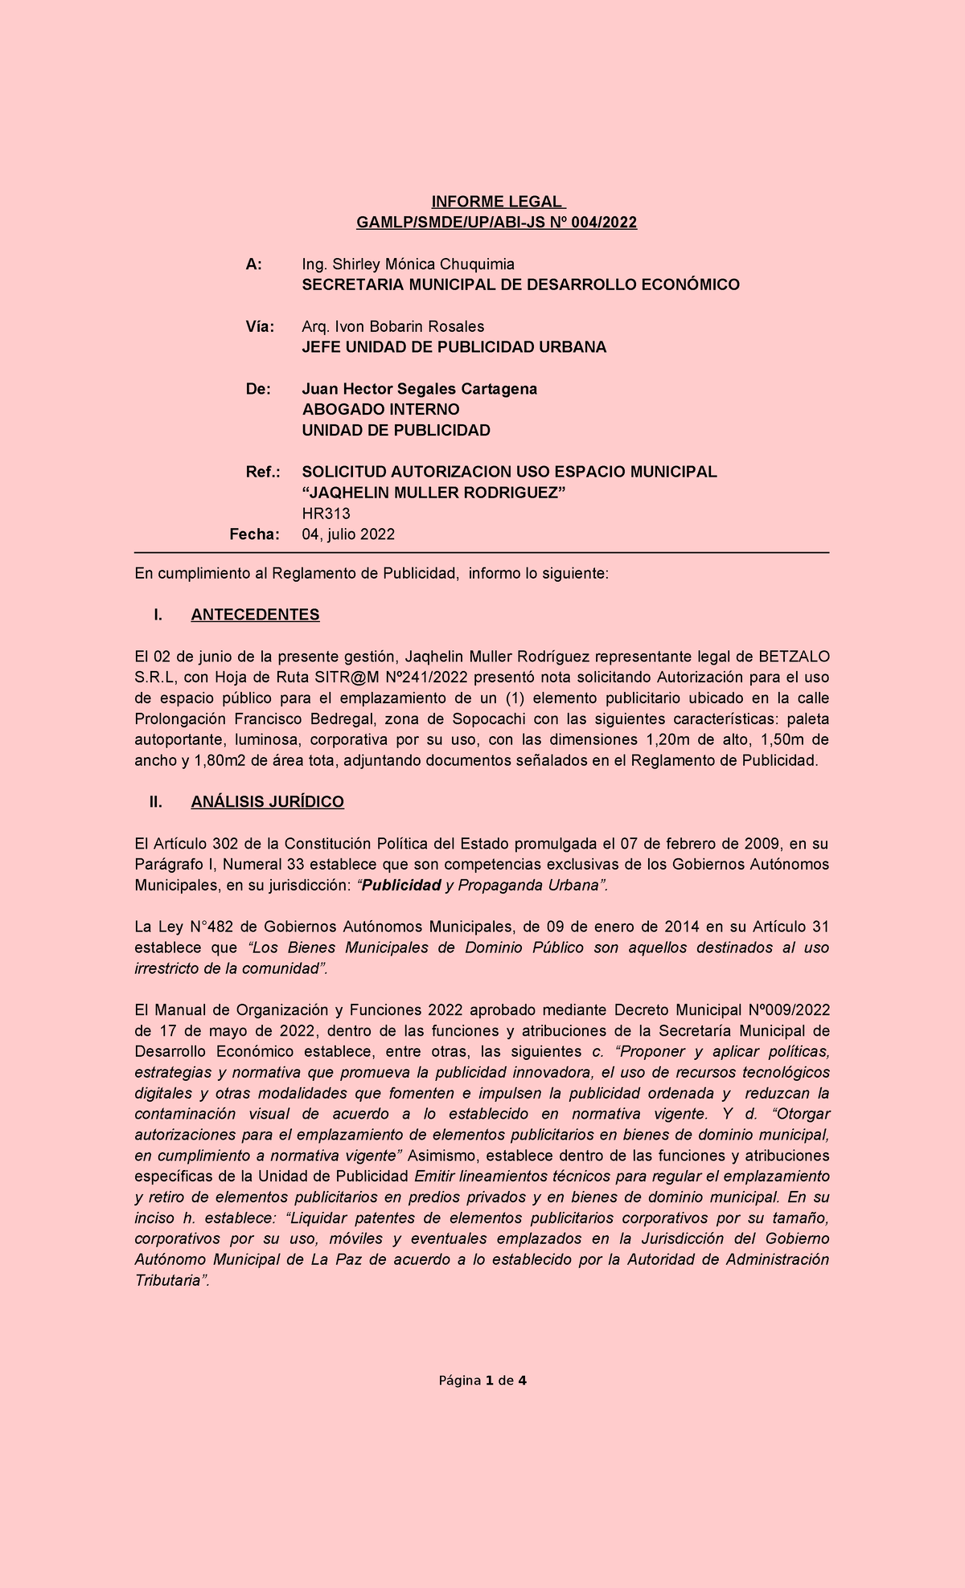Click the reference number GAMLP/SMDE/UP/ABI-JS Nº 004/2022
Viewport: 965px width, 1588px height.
[497, 223]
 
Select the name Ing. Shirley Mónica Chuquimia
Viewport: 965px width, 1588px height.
[408, 264]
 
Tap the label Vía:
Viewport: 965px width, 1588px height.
[260, 326]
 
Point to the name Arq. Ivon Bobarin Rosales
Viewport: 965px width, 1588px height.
[392, 326]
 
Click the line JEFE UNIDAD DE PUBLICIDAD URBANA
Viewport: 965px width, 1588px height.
[454, 347]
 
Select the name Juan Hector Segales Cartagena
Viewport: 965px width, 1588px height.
[419, 389]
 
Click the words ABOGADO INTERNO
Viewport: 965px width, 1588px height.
[380, 410]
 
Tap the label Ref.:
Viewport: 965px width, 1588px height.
[262, 472]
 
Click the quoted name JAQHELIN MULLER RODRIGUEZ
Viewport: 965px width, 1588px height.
[433, 493]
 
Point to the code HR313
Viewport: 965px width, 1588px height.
[326, 514]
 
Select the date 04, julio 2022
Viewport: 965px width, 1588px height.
[347, 534]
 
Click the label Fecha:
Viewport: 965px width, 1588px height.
[254, 534]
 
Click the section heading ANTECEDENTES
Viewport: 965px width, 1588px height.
[255, 615]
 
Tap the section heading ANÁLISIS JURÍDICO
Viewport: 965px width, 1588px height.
[267, 802]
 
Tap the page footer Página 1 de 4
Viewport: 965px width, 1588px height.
[482, 1381]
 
